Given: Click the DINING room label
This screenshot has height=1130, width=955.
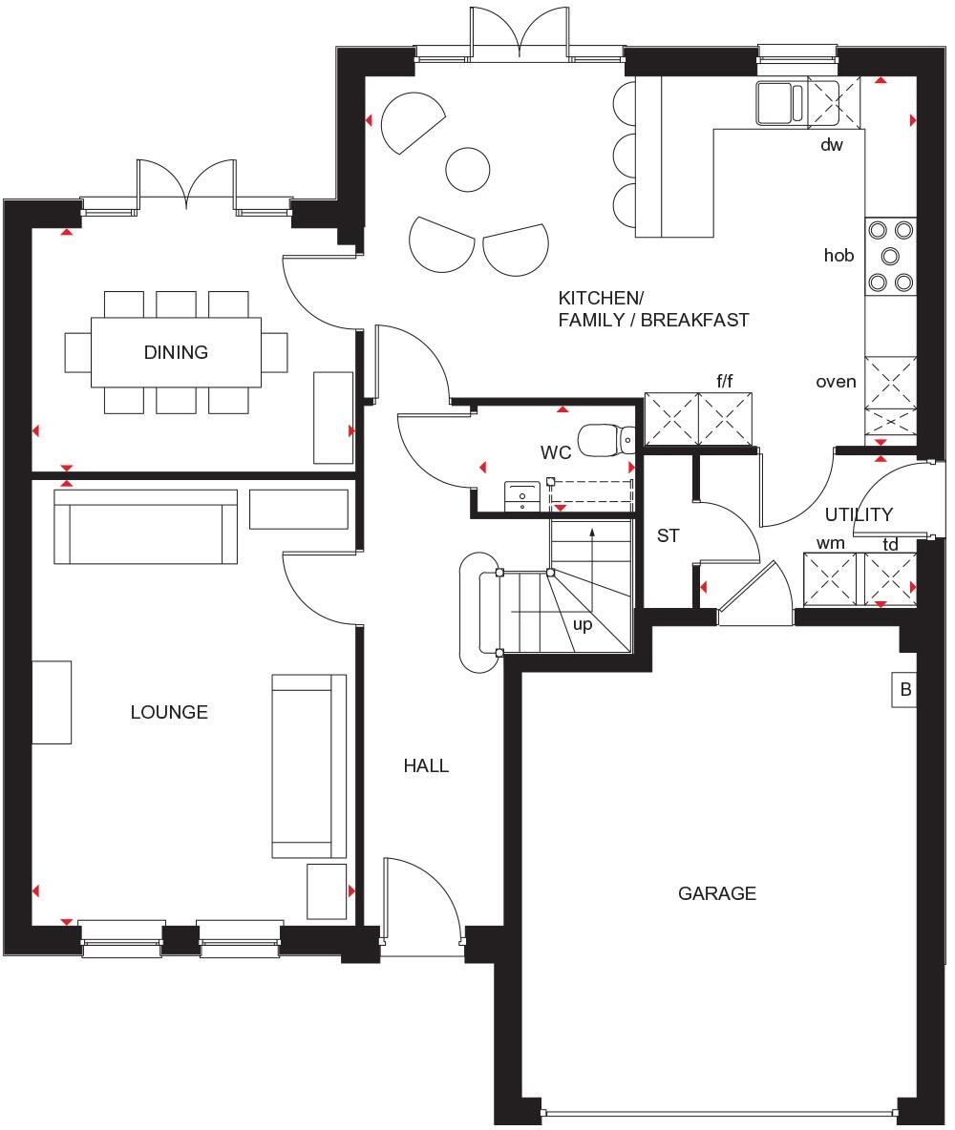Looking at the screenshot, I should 176,352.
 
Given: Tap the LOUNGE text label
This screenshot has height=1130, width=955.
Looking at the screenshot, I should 169,712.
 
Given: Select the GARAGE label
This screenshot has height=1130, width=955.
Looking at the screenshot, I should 716,893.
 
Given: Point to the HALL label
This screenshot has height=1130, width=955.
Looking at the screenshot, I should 426,765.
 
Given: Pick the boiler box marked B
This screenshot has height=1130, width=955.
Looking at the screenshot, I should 904,690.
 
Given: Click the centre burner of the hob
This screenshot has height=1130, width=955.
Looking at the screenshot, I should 890,255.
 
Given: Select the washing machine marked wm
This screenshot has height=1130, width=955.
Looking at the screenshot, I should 830,579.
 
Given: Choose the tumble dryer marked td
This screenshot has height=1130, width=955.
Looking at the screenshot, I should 890,579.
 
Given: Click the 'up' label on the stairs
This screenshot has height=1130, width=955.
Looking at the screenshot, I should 582,625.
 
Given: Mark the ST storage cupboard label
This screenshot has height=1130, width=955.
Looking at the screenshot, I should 668,536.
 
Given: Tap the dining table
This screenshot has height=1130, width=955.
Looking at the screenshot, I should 176,352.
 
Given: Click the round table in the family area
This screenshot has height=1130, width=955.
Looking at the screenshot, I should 468,169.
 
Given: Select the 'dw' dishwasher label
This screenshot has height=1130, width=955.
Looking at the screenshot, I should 832,146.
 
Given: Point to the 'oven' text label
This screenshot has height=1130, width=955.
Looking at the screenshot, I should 836,382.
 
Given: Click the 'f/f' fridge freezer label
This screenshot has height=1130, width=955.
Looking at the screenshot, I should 725,382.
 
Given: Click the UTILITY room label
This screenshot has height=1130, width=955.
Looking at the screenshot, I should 859,514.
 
